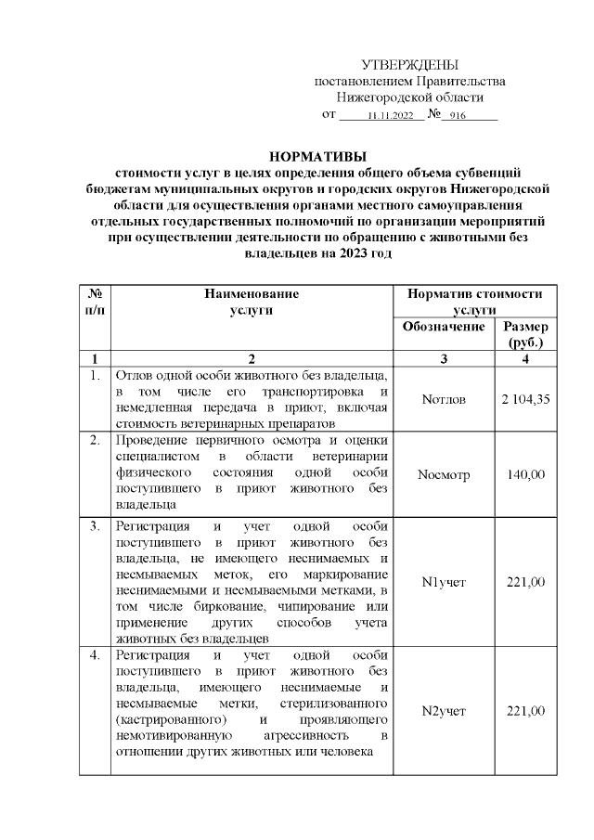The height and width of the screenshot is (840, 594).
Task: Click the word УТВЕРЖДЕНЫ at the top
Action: [409, 64]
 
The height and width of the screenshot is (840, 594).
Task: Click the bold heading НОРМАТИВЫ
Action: [318, 155]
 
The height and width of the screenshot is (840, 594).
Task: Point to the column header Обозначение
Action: [445, 327]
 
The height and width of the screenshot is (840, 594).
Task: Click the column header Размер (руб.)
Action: [525, 334]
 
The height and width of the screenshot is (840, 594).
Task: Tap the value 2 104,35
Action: [525, 399]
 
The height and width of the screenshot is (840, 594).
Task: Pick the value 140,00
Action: [525, 474]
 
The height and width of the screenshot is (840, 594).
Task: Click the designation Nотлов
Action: [444, 399]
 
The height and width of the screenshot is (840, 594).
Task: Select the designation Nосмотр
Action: [444, 474]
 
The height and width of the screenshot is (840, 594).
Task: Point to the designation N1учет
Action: [444, 582]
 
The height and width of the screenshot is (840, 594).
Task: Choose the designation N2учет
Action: [444, 711]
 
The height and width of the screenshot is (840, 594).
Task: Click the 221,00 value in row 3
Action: [525, 582]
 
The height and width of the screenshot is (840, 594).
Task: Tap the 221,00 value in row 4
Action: [525, 711]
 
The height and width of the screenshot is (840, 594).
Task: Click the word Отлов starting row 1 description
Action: [135, 376]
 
